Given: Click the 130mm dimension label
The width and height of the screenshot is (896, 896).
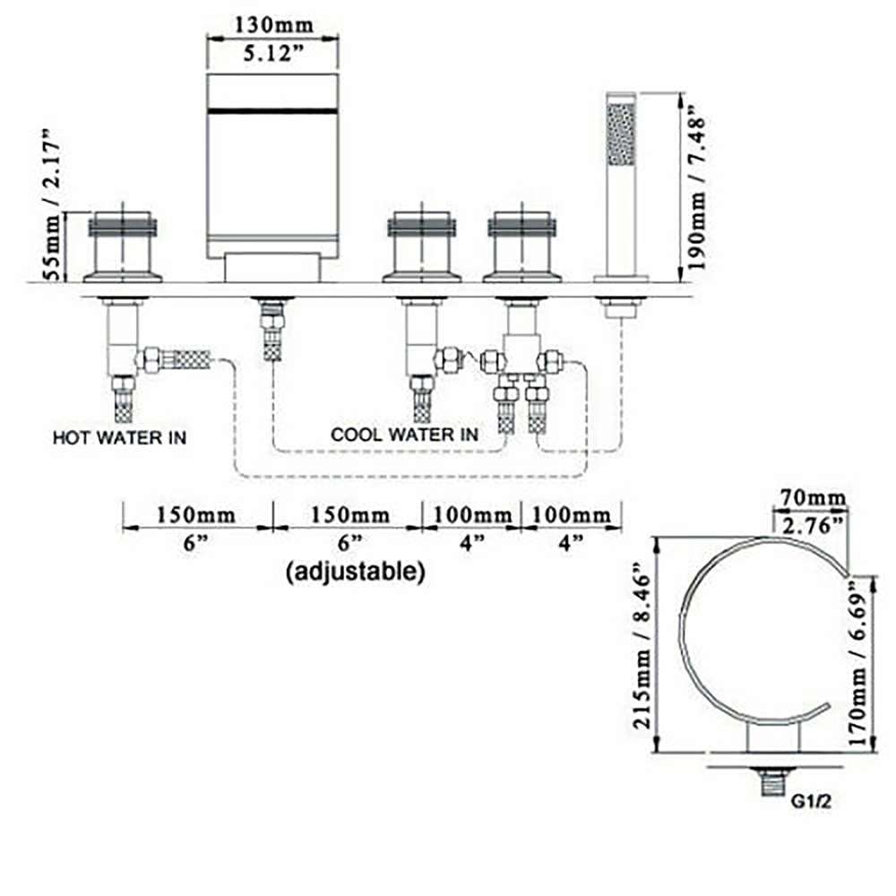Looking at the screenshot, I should (x=272, y=24).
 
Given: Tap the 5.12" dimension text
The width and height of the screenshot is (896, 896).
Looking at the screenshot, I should (x=272, y=54).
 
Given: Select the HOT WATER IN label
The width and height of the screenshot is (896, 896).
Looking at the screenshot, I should (x=119, y=438).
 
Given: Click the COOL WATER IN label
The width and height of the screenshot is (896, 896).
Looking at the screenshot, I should (x=404, y=435).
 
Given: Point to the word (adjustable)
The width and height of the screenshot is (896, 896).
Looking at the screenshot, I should (x=355, y=570).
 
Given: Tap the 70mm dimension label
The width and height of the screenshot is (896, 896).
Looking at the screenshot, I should (x=813, y=496).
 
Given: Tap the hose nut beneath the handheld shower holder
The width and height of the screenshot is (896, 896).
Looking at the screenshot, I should (x=620, y=309).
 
